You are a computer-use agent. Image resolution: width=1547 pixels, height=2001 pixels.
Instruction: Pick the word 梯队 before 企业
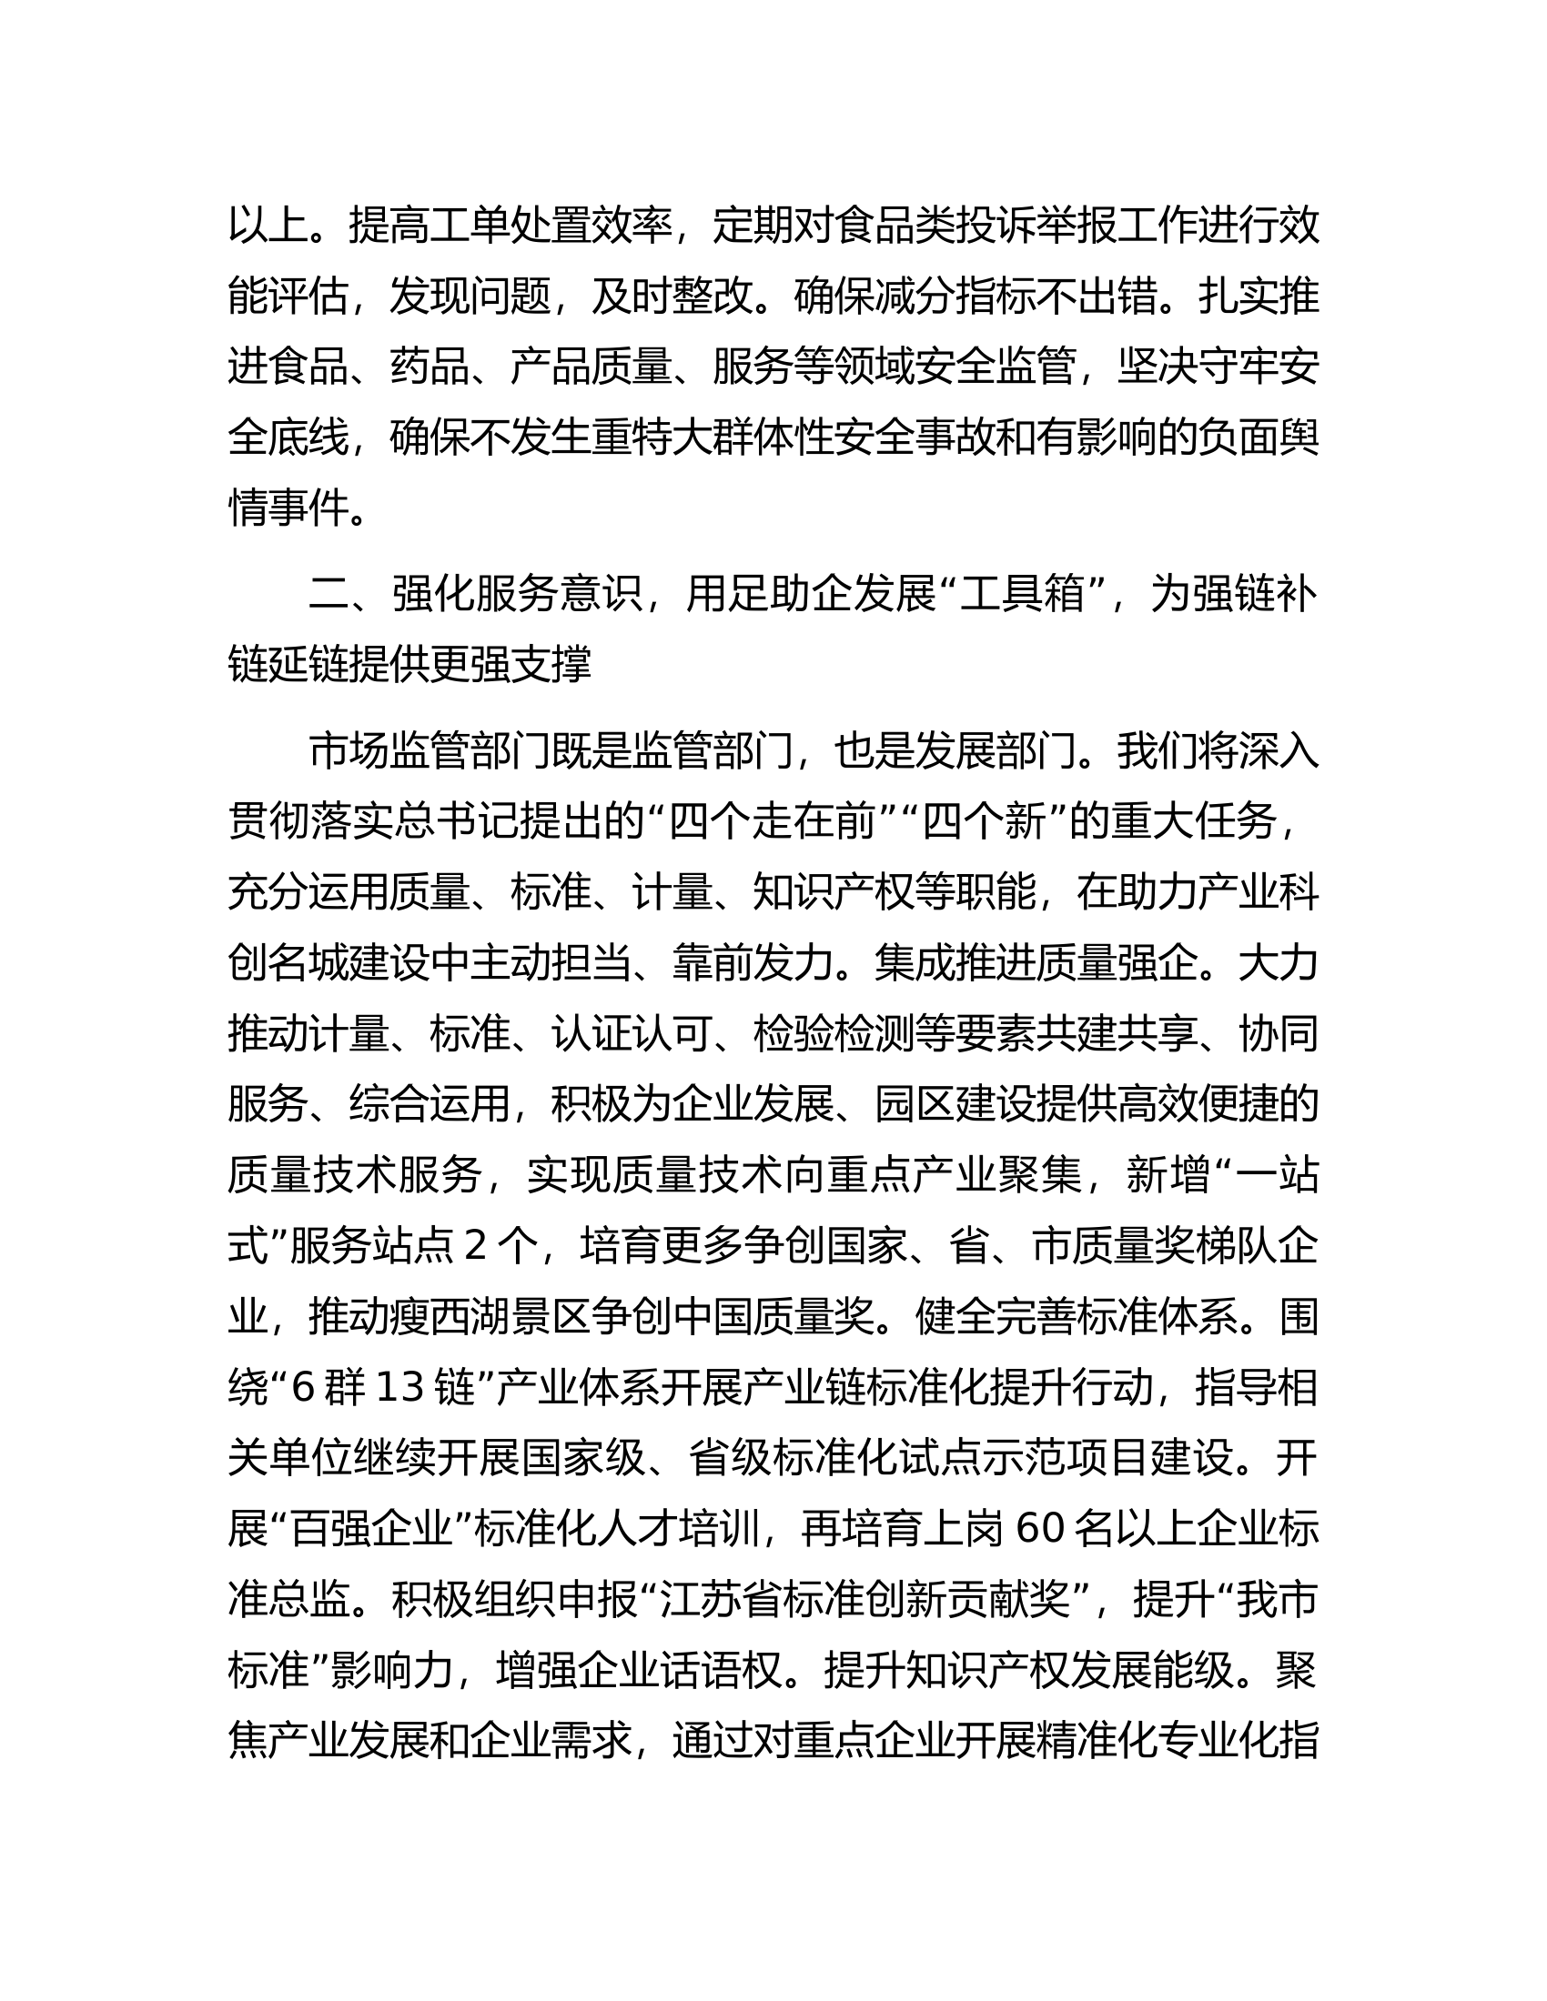pyautogui.click(x=1238, y=1249)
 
